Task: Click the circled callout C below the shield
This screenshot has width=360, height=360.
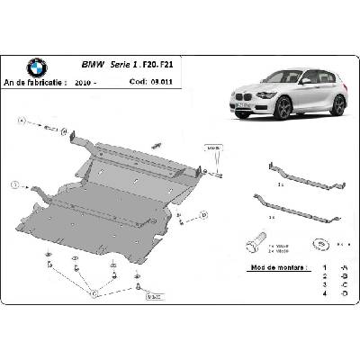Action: click(95, 291)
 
